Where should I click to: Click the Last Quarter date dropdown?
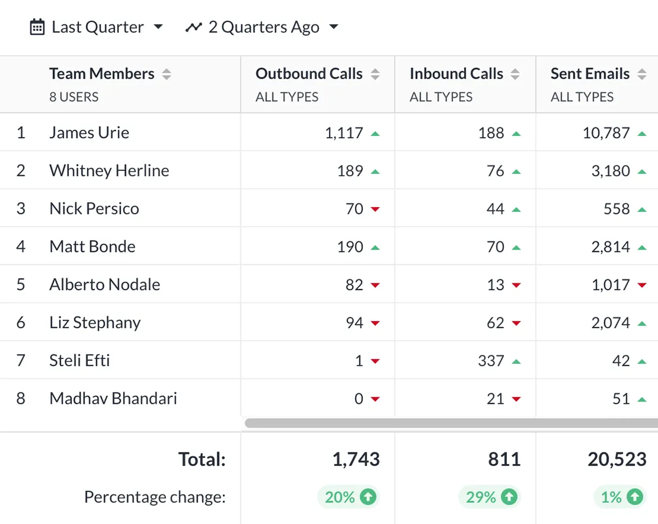click(x=97, y=27)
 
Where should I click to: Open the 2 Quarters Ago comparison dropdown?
click(x=262, y=27)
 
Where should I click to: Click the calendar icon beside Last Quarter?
click(x=37, y=27)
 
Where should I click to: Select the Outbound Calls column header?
click(x=309, y=74)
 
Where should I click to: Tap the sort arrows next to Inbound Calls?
click(x=515, y=74)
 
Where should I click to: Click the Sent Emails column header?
click(x=590, y=74)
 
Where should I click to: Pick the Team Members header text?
click(x=102, y=74)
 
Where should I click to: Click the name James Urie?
click(x=89, y=132)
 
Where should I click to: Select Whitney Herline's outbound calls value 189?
click(x=350, y=171)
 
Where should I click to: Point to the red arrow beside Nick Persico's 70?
click(x=375, y=209)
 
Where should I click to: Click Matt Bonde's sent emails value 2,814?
click(x=610, y=247)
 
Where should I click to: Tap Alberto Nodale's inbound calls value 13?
click(x=496, y=285)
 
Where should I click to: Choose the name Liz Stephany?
click(x=95, y=323)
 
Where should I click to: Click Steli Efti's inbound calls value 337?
click(x=491, y=361)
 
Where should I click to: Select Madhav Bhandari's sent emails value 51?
click(x=621, y=398)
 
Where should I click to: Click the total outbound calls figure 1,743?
click(x=356, y=459)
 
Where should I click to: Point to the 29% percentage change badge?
click(x=488, y=497)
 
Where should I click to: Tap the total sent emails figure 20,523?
click(x=617, y=459)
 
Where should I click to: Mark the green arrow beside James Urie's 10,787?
click(x=641, y=133)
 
